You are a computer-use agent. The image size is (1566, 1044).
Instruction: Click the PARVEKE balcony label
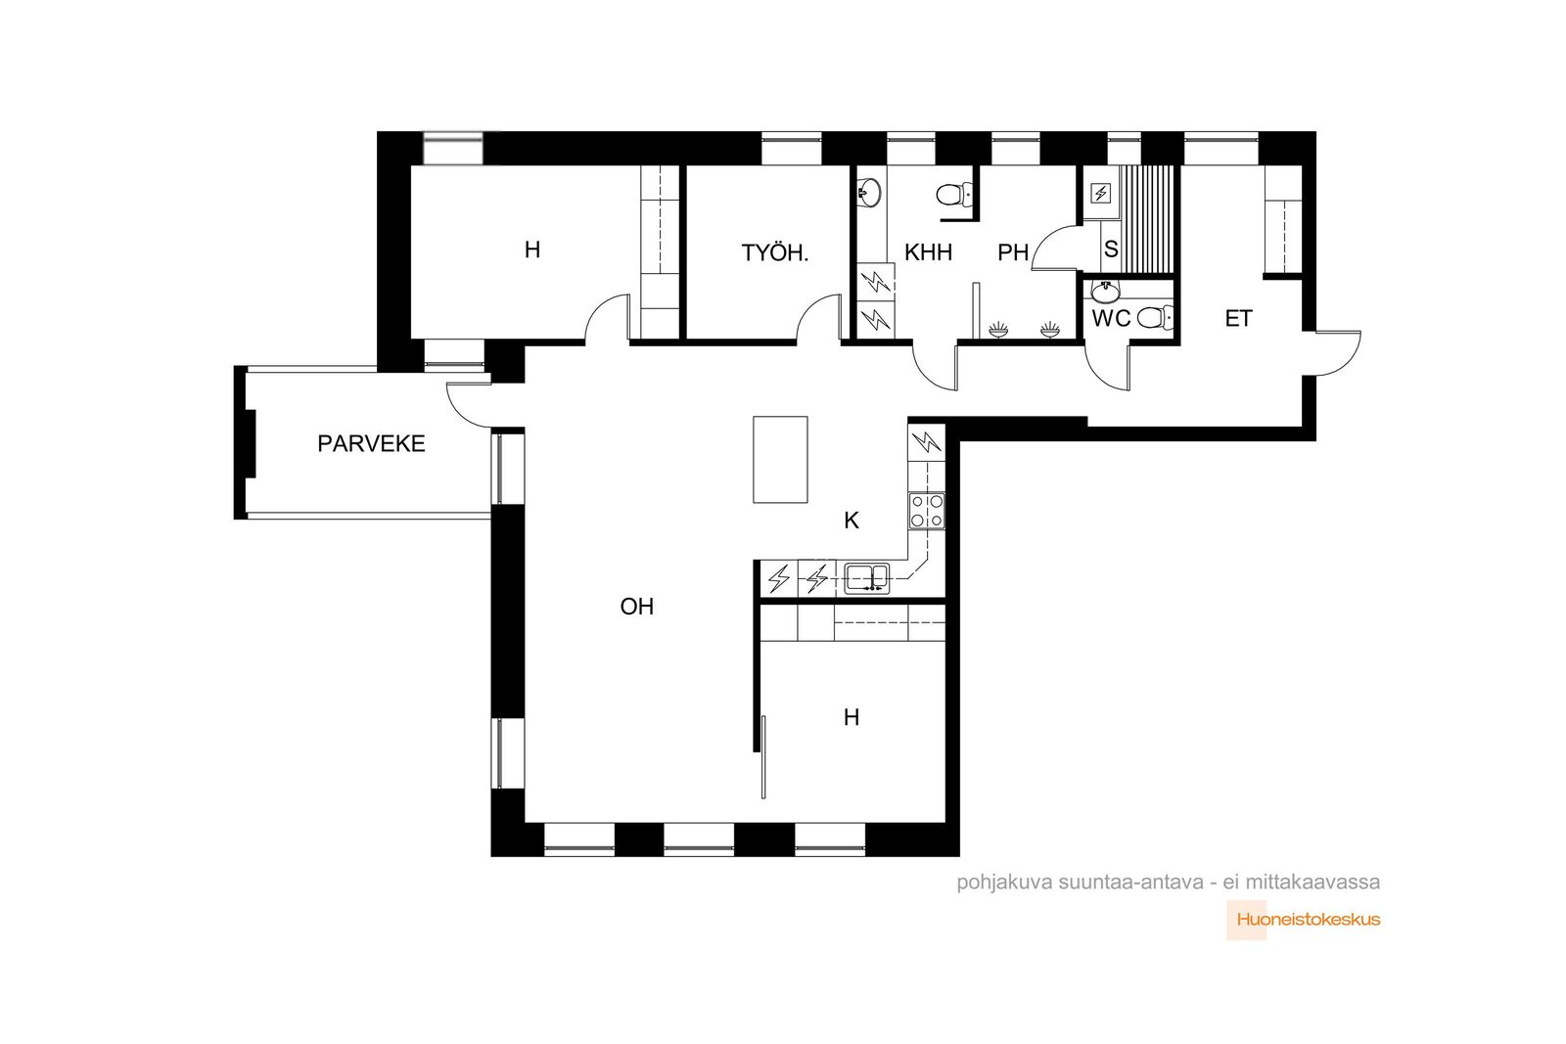coord(371,444)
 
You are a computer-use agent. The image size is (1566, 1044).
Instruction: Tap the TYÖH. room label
coord(774,253)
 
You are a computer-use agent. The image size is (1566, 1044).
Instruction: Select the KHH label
coord(928,252)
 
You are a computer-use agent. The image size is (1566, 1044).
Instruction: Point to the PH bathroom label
coord(1013,252)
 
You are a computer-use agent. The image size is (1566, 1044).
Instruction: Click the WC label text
coord(1111,319)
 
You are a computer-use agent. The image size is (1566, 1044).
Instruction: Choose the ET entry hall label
coord(1238,319)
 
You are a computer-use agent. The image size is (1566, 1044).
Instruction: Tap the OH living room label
coord(637,607)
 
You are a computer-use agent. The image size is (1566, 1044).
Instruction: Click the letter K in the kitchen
coord(851,521)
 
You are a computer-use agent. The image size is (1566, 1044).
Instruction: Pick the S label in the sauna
coord(1111,249)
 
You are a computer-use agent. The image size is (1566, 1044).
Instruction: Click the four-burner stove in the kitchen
coord(927,511)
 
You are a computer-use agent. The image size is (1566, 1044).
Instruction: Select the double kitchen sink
coord(867,578)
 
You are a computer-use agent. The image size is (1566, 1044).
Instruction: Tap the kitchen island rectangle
coord(780,460)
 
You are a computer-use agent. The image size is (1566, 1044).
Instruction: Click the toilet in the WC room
coord(1154,318)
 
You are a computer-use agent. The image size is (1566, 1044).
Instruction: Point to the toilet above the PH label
coord(953,195)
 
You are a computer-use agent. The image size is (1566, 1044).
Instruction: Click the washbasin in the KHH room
coord(869,192)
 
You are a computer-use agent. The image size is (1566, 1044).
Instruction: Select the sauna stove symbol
coord(1101,193)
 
